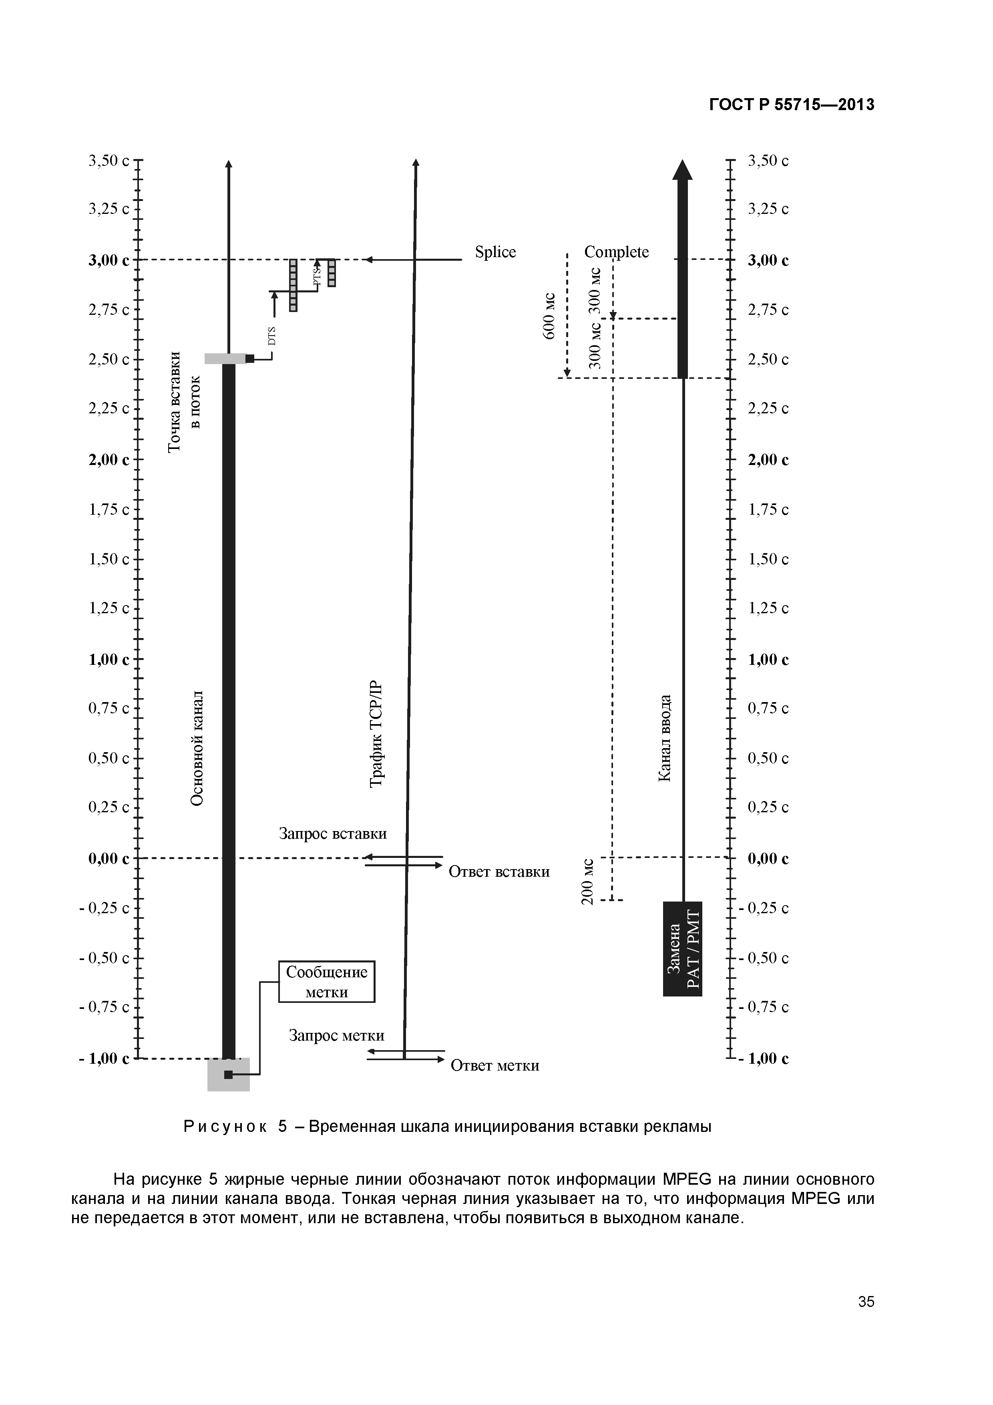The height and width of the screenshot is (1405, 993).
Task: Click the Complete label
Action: [616, 252]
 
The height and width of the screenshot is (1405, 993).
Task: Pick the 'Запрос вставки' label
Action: [333, 833]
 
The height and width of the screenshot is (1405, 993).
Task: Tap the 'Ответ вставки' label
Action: [499, 872]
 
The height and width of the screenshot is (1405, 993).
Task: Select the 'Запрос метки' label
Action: [336, 1035]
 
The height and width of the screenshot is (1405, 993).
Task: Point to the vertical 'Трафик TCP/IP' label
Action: [378, 734]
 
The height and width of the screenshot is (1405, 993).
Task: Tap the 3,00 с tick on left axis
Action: [138, 260]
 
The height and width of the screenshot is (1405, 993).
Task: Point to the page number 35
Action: [866, 1319]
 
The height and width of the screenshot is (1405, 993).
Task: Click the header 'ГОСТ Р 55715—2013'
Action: [792, 105]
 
